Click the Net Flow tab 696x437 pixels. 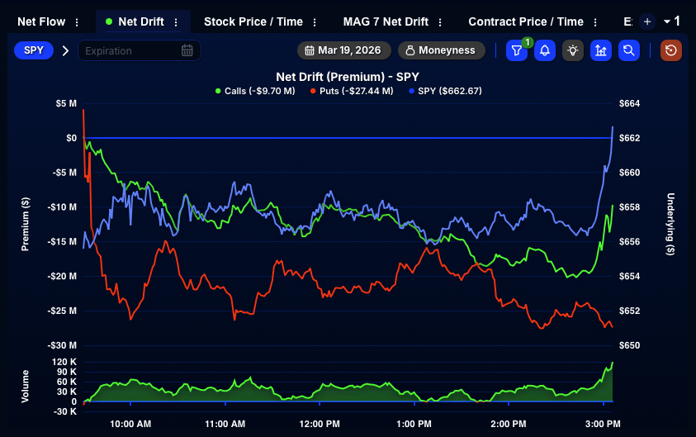[x=41, y=21]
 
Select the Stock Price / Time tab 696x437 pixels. [x=253, y=21]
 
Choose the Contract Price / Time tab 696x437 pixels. [x=525, y=21]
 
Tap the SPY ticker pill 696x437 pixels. [x=34, y=50]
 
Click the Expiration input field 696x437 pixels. [x=132, y=50]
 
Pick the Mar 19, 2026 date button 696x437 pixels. [x=343, y=50]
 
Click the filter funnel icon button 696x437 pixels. [x=516, y=50]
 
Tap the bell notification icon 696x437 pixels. [x=544, y=50]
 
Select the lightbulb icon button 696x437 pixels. [x=572, y=50]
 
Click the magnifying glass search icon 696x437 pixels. [x=629, y=50]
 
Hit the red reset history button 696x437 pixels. [x=671, y=50]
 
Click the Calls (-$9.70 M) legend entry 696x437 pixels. [x=254, y=91]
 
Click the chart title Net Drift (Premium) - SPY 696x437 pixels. [x=348, y=77]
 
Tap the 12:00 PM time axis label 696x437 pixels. [x=320, y=424]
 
